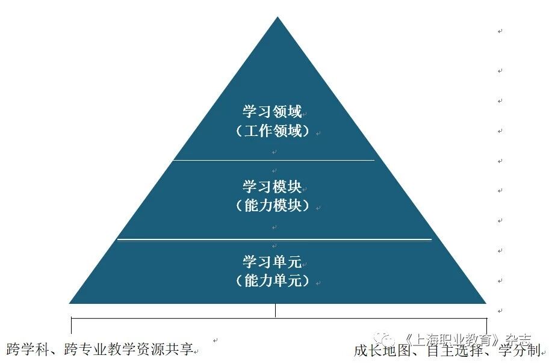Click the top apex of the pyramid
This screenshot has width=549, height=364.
tap(277, 18)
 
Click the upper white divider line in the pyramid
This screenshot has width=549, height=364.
tap(274, 160)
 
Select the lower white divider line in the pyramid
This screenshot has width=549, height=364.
tap(274, 239)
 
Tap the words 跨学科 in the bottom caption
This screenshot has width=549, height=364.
tap(24, 348)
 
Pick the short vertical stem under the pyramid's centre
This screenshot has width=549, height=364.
tap(276, 310)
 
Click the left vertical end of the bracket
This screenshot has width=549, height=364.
tap(71, 325)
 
